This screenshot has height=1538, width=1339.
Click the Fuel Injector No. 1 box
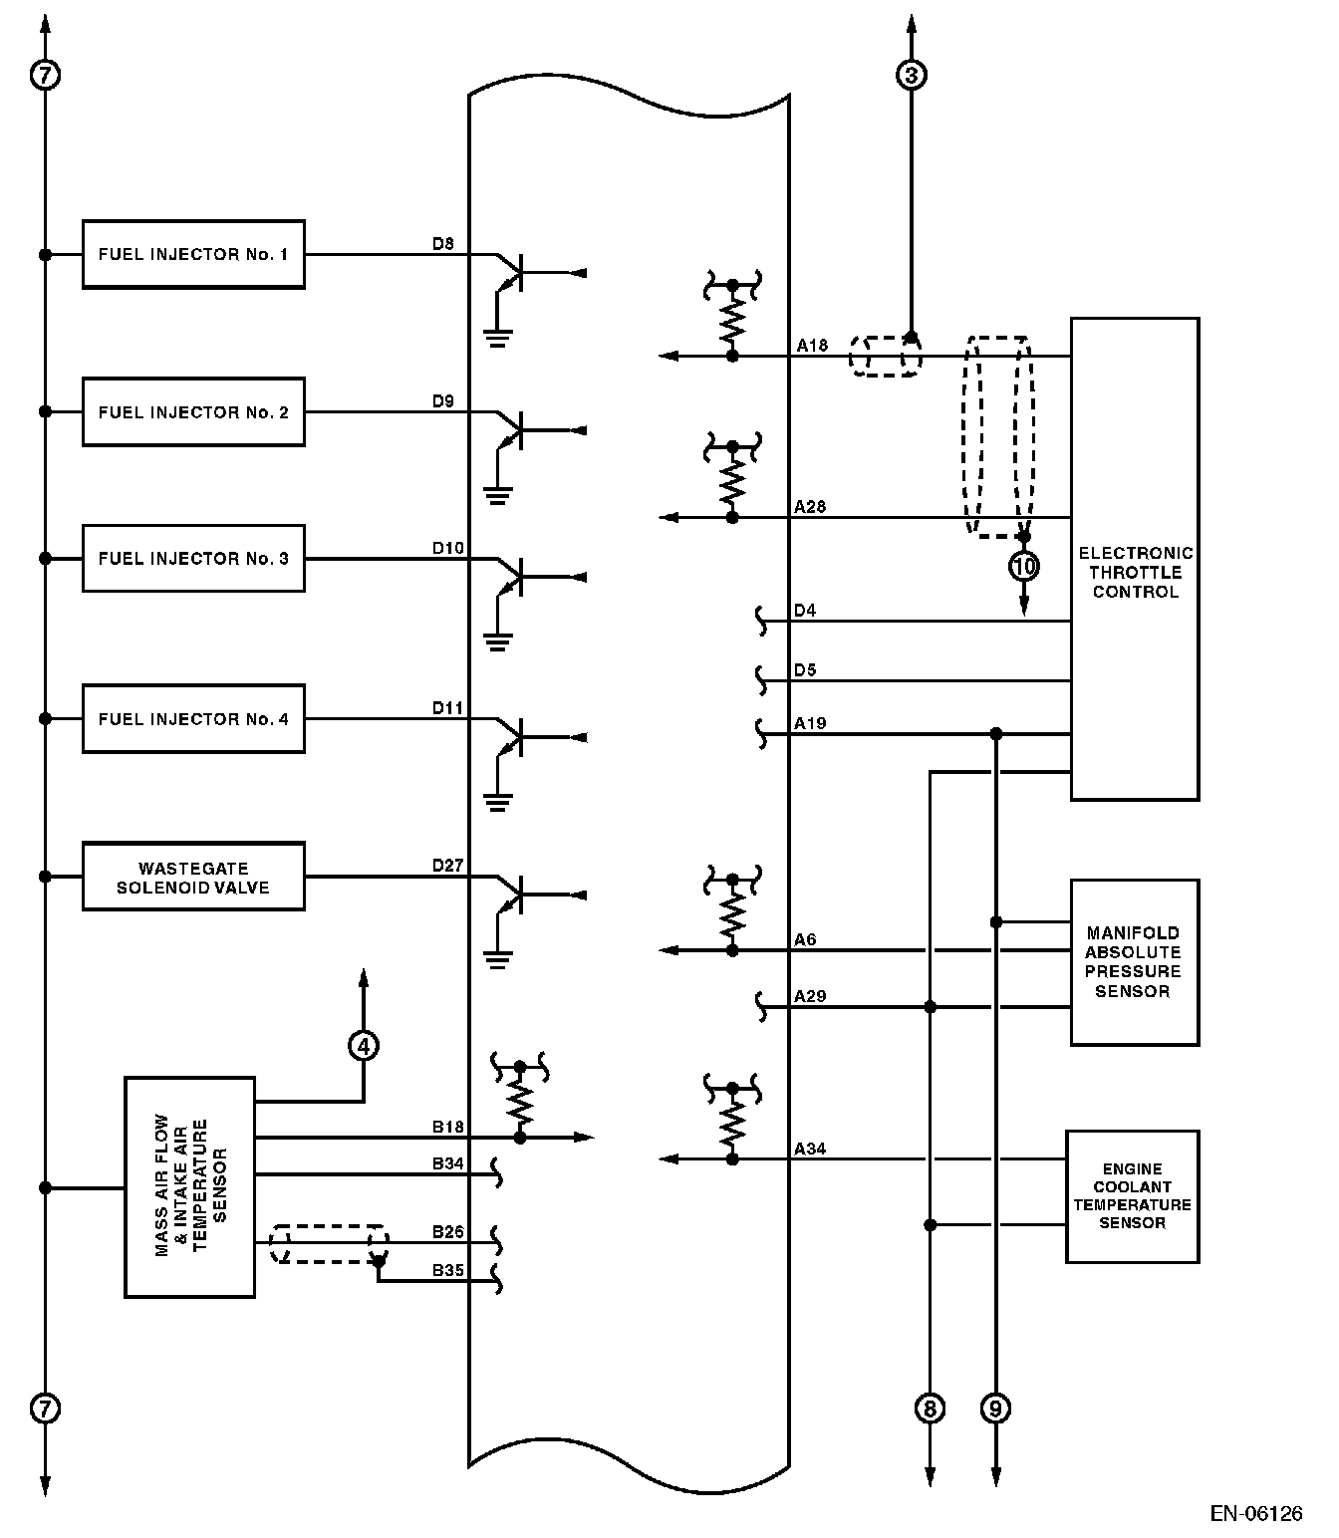tap(193, 255)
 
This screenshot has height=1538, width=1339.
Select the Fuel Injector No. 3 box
tap(193, 559)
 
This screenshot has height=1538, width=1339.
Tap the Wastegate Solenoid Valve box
tap(193, 878)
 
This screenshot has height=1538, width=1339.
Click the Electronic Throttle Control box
tap(1135, 560)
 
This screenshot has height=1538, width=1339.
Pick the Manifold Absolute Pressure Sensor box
tap(1134, 962)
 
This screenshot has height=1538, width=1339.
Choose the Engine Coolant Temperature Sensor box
tap(1132, 1196)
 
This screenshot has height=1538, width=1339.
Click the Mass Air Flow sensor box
tap(190, 1187)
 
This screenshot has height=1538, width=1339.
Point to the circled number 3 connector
tap(911, 74)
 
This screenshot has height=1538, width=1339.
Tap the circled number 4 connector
tap(363, 1045)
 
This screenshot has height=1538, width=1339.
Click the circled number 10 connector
tap(1024, 567)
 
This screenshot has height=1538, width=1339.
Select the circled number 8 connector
tap(930, 1409)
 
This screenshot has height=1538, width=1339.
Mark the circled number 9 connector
tap(995, 1409)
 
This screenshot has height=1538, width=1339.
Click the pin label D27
tap(447, 866)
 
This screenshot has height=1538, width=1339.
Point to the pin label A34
tap(809, 1150)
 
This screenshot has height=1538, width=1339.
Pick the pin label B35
tap(447, 1271)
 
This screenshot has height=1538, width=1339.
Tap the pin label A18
tap(812, 346)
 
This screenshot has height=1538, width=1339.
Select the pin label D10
tap(447, 548)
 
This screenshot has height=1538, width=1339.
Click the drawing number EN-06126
tap(1255, 1514)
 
